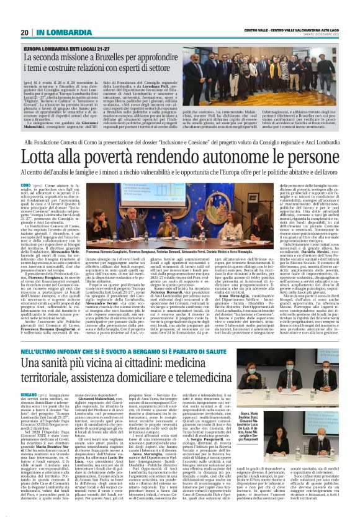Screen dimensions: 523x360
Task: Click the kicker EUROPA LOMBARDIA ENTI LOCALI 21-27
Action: pos(76,48)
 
